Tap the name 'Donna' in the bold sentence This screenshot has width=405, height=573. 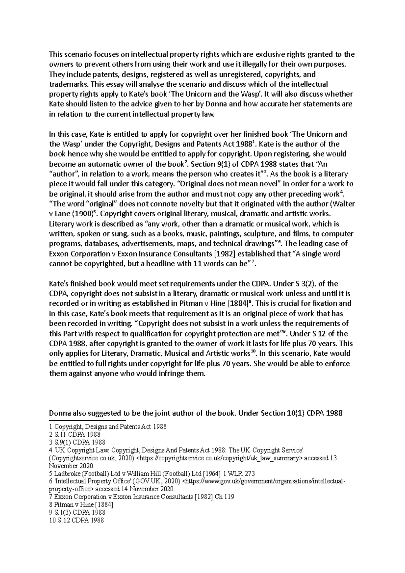tap(59, 413)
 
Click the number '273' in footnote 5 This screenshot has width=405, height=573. tap(248, 473)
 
